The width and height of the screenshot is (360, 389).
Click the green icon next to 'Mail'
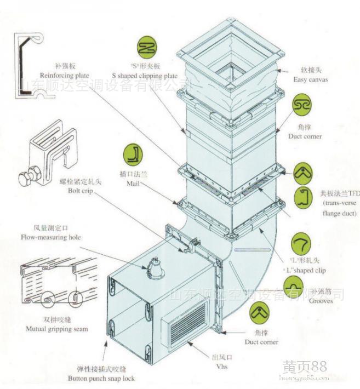pyautogui.click(x=133, y=155)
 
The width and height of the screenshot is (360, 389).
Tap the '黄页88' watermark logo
pyautogui.click(x=304, y=367)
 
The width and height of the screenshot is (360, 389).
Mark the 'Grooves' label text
pyautogui.click(x=321, y=301)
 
